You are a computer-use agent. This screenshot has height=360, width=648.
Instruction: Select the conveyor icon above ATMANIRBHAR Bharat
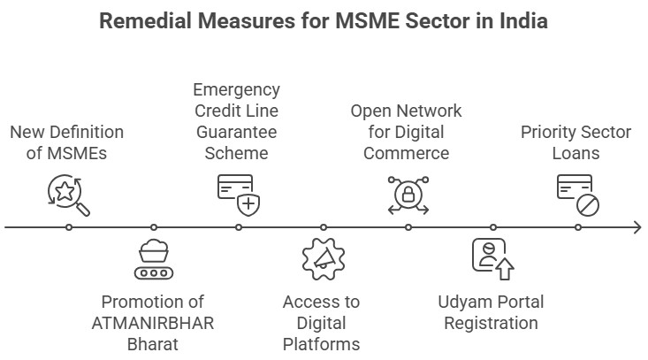click(154, 259)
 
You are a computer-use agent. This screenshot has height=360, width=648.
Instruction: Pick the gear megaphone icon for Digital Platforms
click(323, 259)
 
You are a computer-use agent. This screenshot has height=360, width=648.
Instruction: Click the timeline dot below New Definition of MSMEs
click(69, 227)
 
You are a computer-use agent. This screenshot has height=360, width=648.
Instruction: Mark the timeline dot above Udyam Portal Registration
click(493, 227)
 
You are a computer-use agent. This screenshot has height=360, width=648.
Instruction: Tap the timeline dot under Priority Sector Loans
click(578, 227)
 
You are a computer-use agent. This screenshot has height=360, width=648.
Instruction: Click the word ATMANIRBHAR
click(153, 323)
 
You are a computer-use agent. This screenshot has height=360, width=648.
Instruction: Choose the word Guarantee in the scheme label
click(238, 132)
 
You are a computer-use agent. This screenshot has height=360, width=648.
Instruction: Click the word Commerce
click(407, 153)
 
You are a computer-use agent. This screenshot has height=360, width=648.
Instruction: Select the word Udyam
click(465, 302)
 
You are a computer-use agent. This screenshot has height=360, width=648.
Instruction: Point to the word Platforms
click(322, 344)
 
